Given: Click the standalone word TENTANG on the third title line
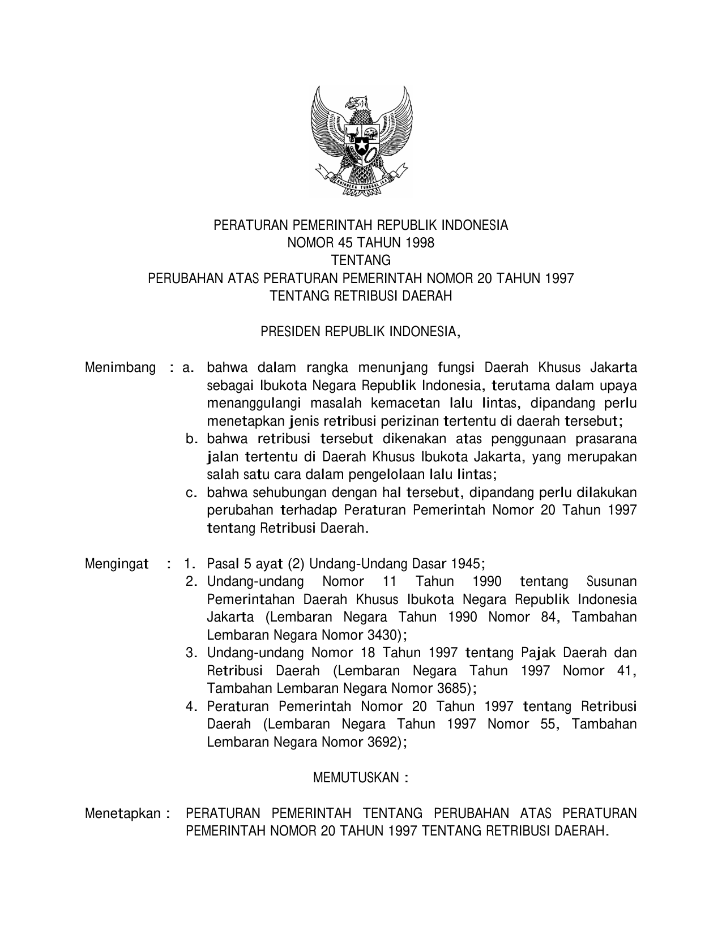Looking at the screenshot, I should click(x=361, y=261).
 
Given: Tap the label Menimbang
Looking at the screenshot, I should click(x=120, y=368).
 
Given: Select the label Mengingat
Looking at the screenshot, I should click(x=117, y=564).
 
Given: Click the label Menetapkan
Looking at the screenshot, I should click(x=123, y=814).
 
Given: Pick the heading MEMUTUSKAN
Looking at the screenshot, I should click(x=356, y=778).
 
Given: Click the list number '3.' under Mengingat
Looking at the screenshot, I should click(x=191, y=653).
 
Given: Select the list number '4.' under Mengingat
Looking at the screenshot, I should click(x=191, y=706).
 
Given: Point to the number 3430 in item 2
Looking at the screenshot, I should click(x=382, y=635).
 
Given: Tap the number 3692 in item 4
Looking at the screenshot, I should click(x=382, y=742).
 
